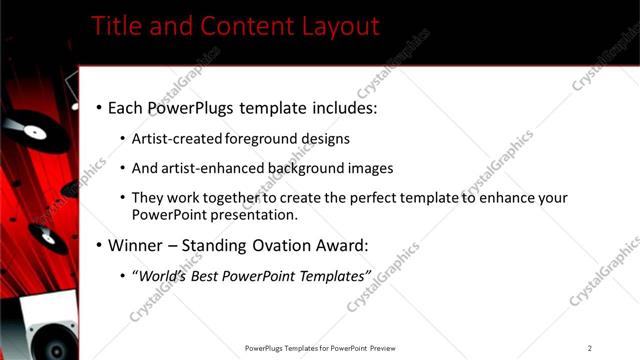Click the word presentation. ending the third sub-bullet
point(246,214)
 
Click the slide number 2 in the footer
point(589,348)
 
